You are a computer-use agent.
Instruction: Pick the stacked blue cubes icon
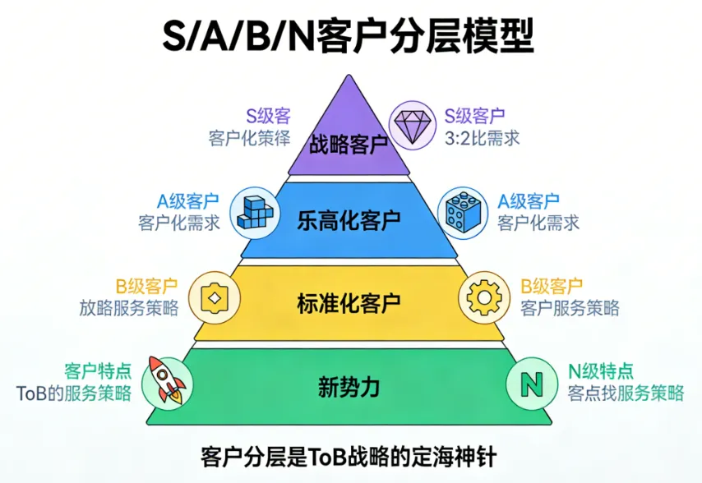pyautogui.click(x=254, y=211)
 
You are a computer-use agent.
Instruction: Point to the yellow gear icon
pyautogui.click(x=482, y=297)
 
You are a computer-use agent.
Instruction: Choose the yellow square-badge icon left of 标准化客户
pyautogui.click(x=215, y=297)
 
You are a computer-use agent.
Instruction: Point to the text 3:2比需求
pyautogui.click(x=483, y=138)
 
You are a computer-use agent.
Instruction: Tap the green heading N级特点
pyautogui.click(x=601, y=371)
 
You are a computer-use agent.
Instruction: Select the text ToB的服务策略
pyautogui.click(x=74, y=393)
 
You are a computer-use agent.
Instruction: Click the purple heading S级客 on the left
pyautogui.click(x=268, y=116)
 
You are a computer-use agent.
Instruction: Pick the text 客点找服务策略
pyautogui.click(x=626, y=393)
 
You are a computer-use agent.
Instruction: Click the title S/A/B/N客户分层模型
pyautogui.click(x=350, y=37)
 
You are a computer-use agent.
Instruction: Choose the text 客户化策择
pyautogui.click(x=250, y=137)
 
